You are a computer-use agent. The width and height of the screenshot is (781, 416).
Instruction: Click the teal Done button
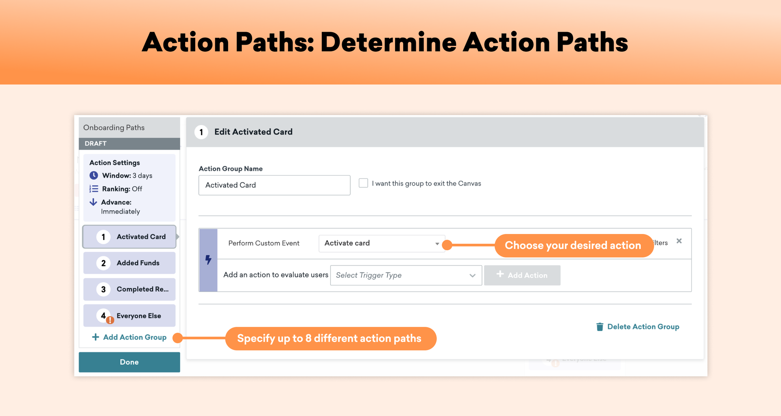point(129,362)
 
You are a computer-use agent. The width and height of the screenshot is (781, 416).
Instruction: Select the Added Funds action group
point(129,263)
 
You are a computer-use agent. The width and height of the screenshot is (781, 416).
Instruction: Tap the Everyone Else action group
point(129,316)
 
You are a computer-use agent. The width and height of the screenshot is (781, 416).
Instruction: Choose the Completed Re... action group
point(129,289)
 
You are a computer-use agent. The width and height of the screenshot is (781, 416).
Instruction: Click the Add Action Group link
point(129,337)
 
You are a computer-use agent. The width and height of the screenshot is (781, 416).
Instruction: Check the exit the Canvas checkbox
point(363,183)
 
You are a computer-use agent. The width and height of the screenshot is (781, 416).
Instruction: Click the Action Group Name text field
point(275,185)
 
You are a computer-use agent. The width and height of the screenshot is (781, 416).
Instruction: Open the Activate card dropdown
point(382,243)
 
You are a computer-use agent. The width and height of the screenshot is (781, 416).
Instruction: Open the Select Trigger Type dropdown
point(406,275)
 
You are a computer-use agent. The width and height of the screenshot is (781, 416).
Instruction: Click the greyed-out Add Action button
point(522,275)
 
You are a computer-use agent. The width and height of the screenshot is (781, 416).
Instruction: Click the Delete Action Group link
point(638,327)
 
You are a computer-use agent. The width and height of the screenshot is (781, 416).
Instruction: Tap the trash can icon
point(600,327)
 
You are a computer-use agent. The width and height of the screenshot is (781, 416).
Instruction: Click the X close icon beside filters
point(679,241)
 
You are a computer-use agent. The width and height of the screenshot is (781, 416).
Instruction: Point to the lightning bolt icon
point(208,260)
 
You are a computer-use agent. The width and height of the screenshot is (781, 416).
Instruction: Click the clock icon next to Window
point(94,175)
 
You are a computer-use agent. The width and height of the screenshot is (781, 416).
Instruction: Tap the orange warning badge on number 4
point(110,320)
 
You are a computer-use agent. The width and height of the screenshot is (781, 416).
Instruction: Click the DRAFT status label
point(96,143)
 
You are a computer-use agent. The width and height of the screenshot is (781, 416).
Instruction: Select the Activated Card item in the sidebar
point(129,237)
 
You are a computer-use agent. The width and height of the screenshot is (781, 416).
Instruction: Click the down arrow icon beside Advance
point(93,202)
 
